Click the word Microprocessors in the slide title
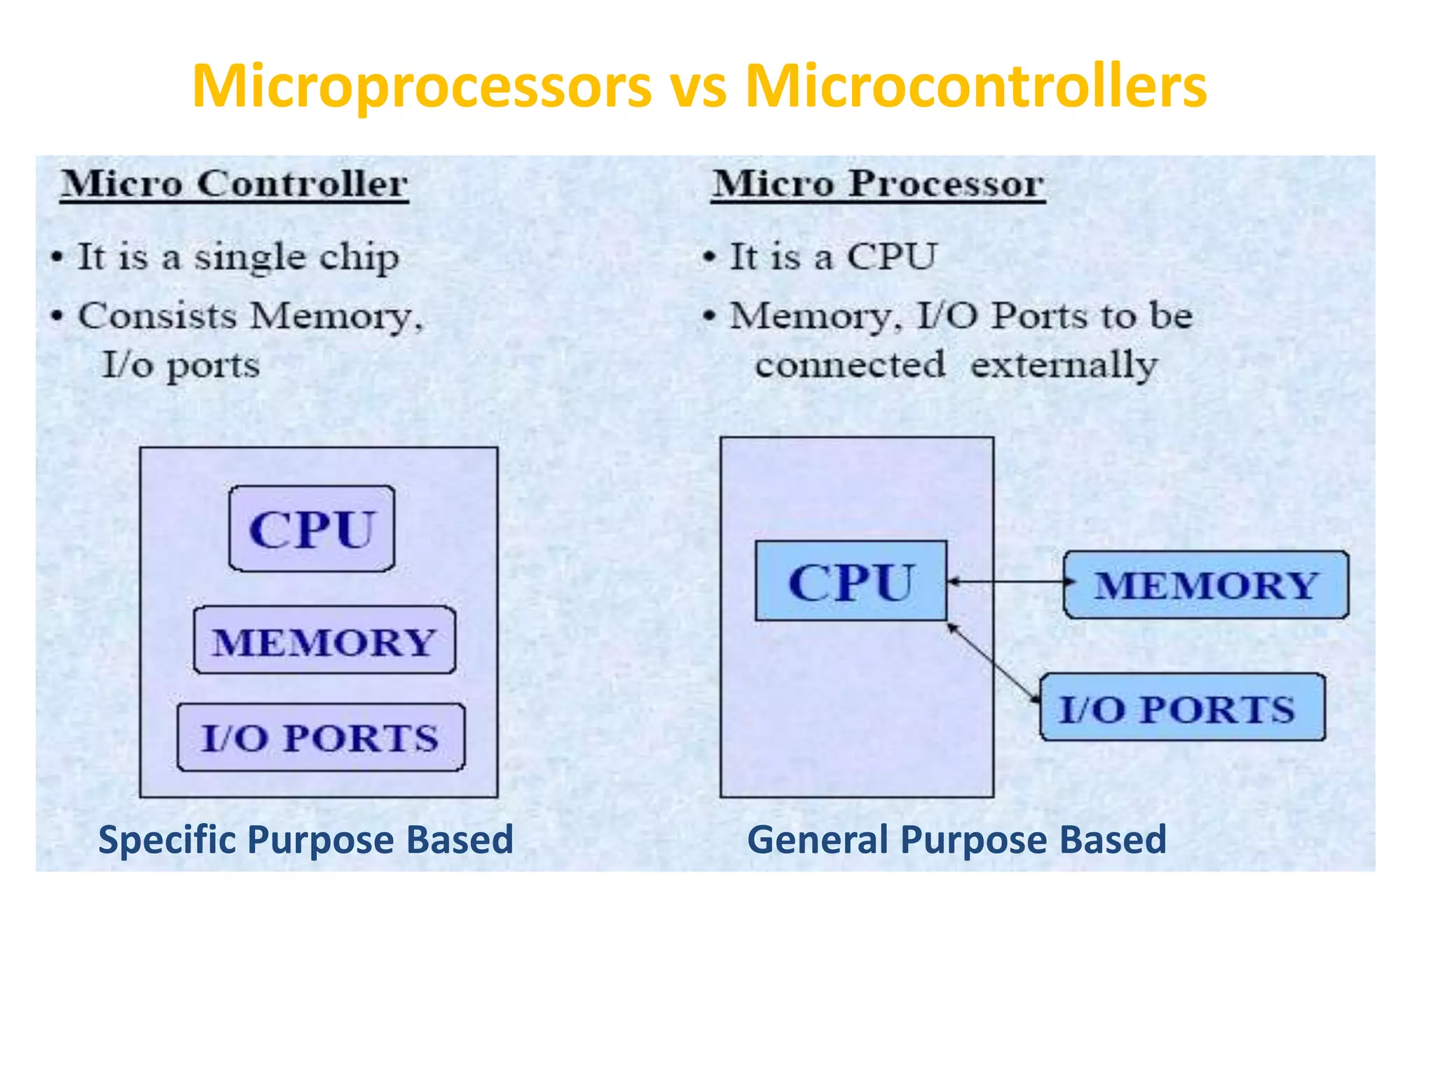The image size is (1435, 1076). point(422,88)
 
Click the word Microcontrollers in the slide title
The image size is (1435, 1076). point(975,88)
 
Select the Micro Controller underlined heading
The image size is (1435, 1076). point(234,185)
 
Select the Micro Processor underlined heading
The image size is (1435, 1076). point(878,185)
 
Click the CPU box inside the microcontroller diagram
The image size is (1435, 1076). point(312,529)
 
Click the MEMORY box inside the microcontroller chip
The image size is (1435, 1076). point(324,641)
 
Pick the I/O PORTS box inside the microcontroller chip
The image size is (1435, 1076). point(321,738)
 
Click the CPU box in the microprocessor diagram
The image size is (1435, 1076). point(851,581)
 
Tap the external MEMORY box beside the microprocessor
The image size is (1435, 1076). point(1206,585)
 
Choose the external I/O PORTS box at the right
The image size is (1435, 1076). point(1182,708)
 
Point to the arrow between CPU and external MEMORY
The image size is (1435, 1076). point(1005,581)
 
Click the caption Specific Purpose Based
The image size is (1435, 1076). point(305,839)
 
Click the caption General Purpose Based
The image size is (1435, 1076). point(956,839)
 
